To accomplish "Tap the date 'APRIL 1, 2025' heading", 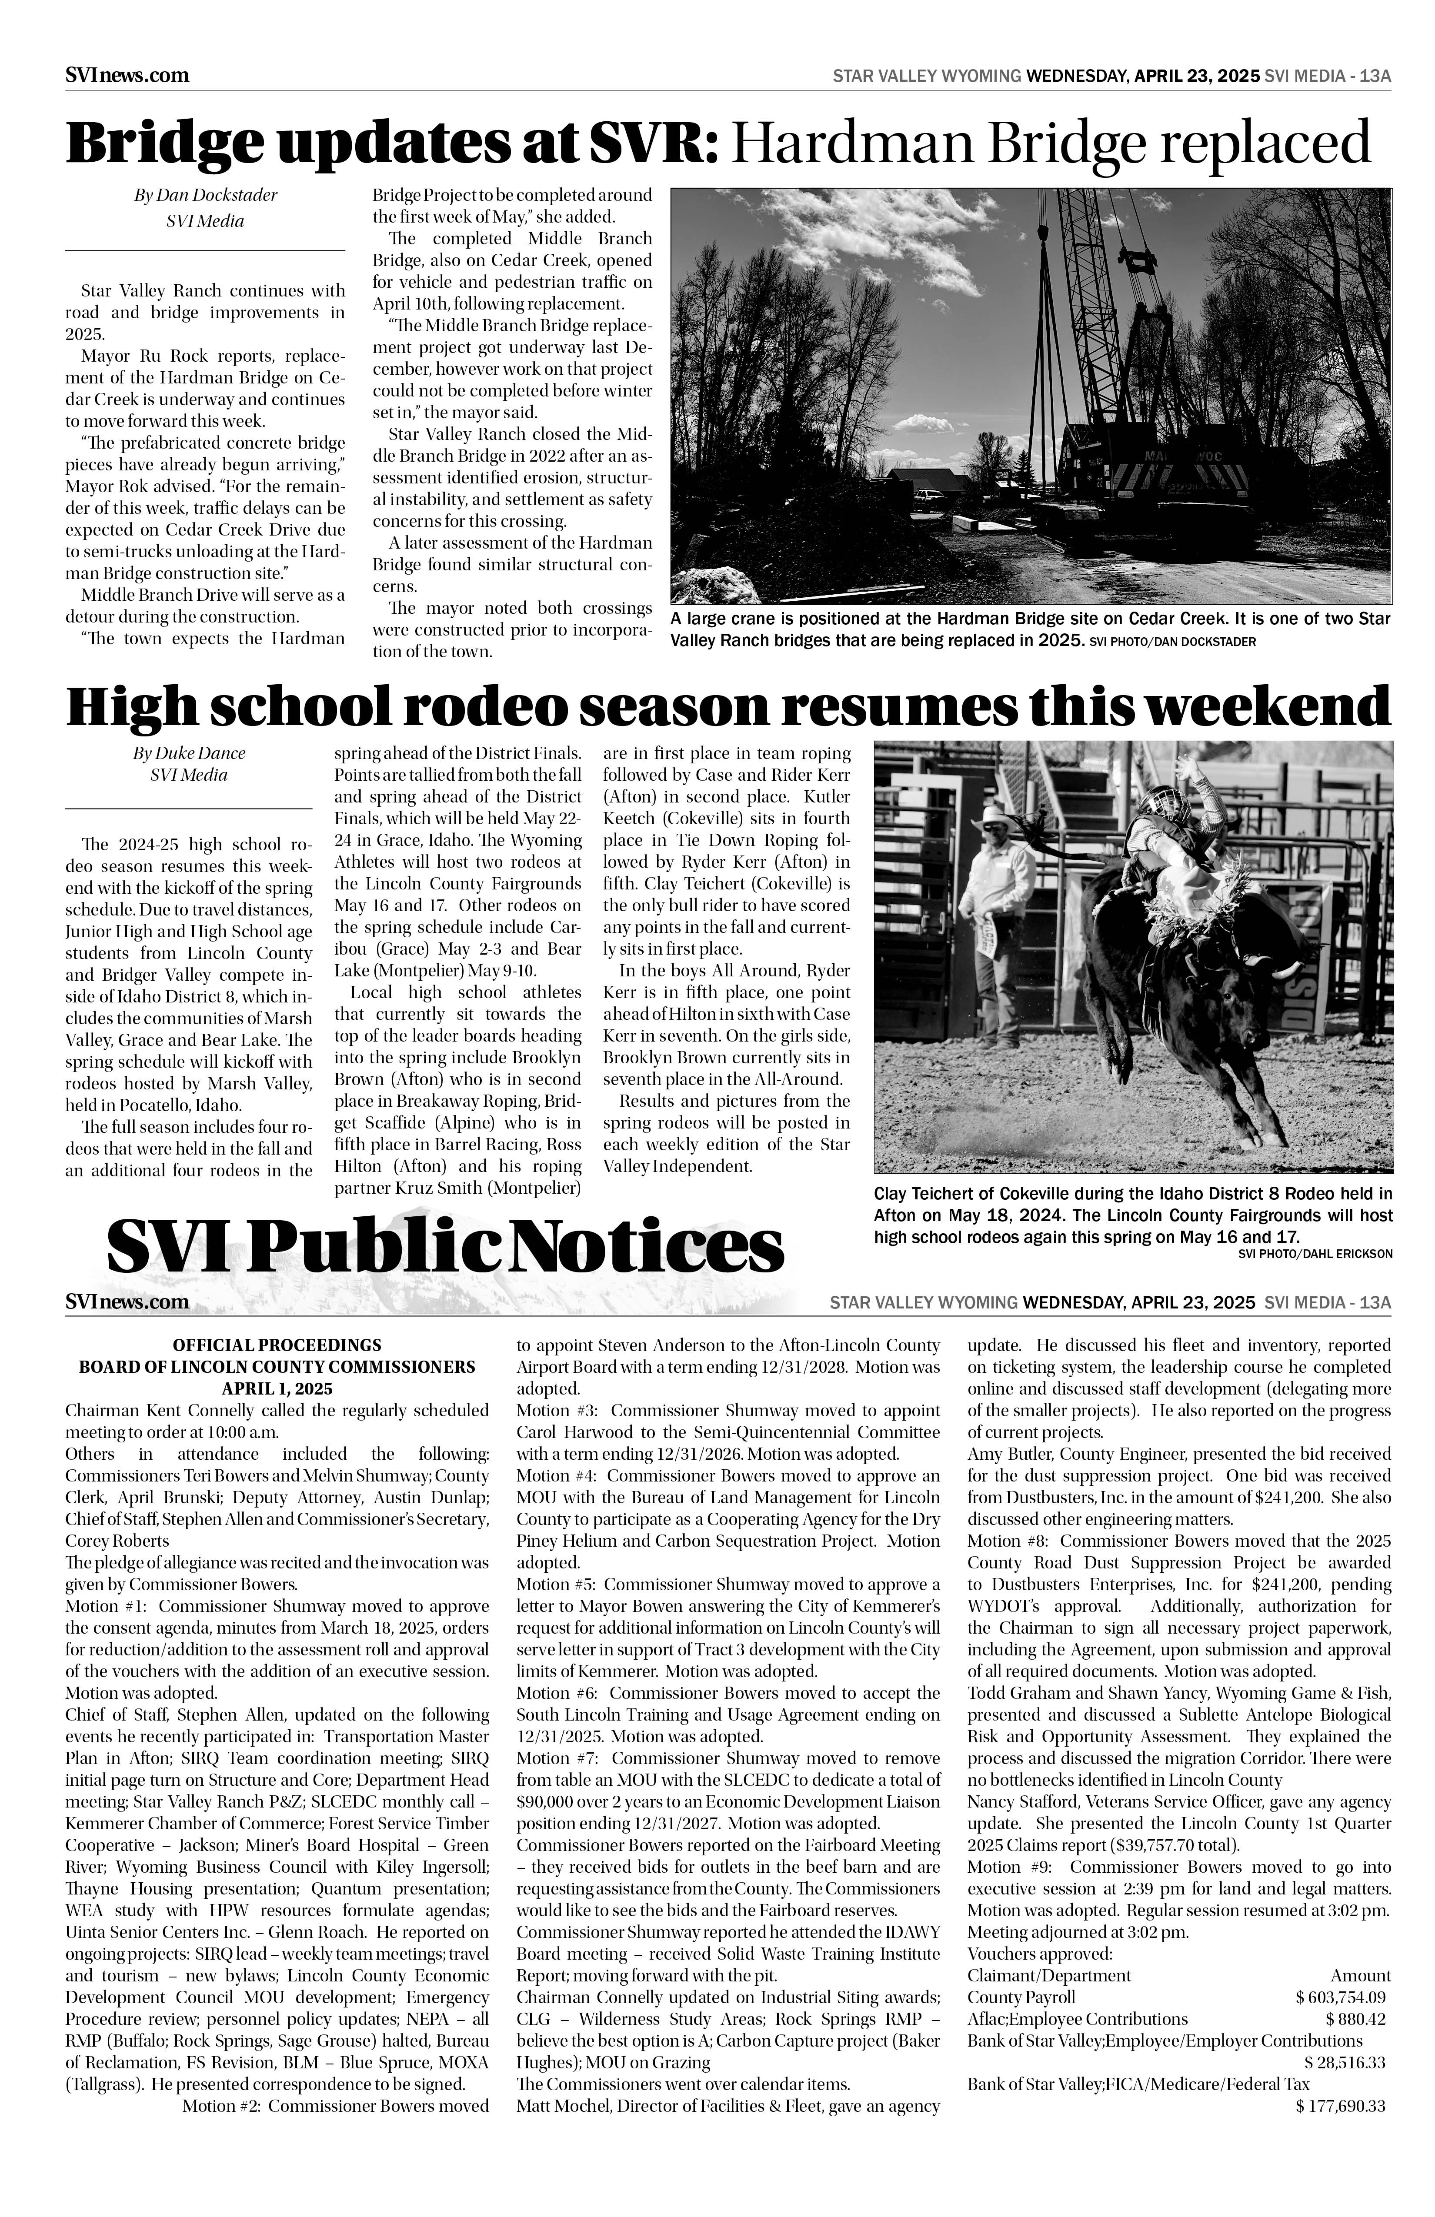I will (x=277, y=1388).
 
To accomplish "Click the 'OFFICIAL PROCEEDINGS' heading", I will (x=277, y=1345).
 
